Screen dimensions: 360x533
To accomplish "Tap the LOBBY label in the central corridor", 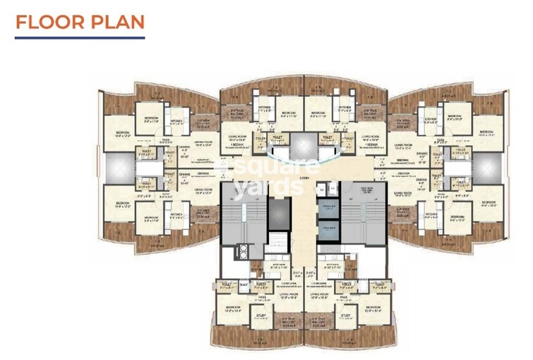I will tap(304, 178).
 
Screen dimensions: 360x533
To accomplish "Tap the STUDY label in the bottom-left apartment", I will tap(260, 316).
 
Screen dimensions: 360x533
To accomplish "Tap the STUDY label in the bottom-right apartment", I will tap(346, 316).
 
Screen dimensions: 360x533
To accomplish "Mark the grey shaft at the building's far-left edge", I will tap(116, 169).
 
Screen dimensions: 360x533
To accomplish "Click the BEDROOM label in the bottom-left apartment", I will tap(234, 308).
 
